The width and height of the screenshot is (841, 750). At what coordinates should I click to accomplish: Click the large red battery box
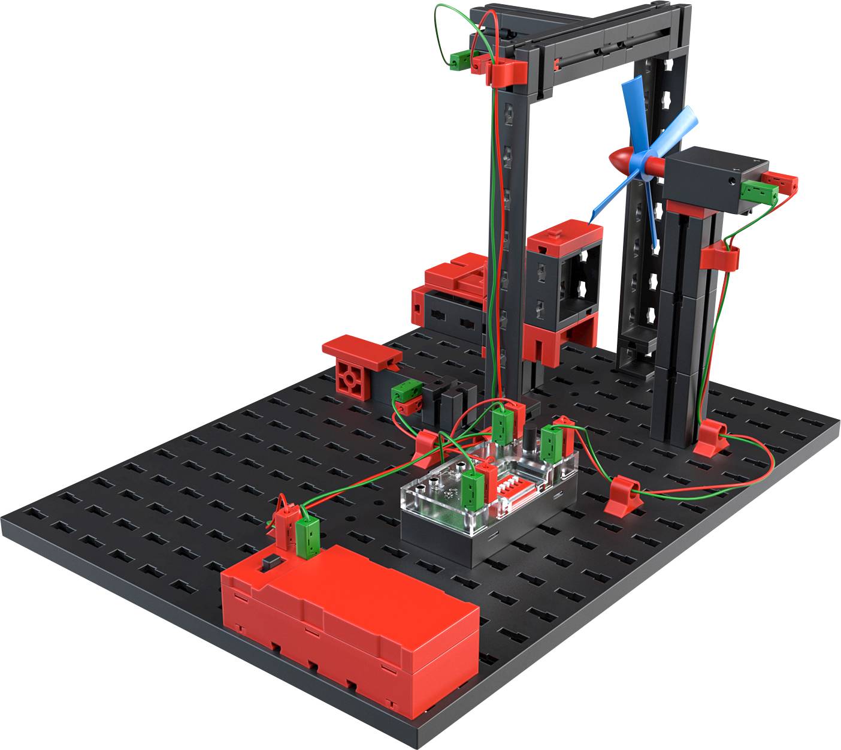pos(350,612)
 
